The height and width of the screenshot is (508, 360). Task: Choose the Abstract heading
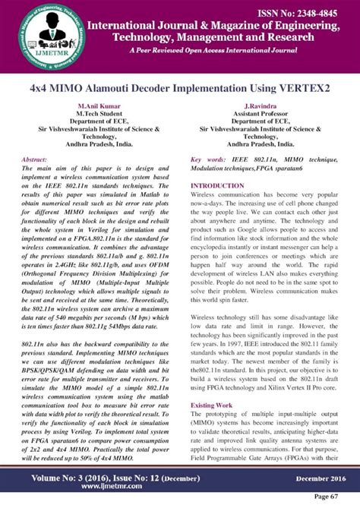coord(35,160)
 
